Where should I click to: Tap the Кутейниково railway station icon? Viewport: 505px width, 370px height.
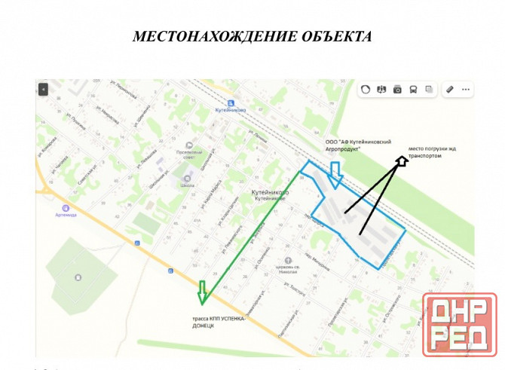coord(231,105)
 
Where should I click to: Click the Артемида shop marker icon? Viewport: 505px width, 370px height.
coord(66,208)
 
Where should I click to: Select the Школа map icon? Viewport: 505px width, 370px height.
coord(186,179)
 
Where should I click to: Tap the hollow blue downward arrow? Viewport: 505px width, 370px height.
coord(336,173)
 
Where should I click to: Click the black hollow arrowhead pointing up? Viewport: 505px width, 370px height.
coord(402,159)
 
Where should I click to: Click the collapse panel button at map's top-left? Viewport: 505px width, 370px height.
coord(44,89)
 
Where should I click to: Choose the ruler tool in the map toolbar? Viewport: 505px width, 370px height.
coord(449,90)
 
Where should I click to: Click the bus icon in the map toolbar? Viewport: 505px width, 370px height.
coord(413,90)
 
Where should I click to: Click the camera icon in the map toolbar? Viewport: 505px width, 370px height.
coord(397,90)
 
